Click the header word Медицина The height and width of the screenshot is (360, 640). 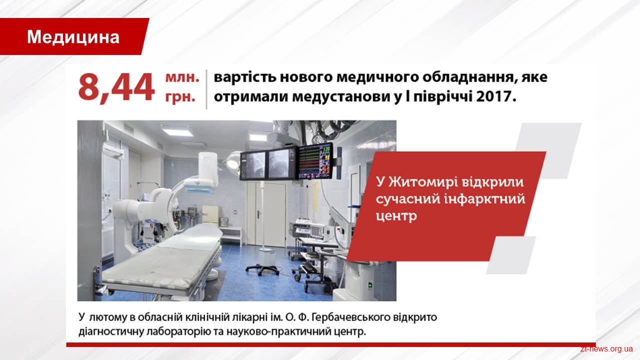(73, 37)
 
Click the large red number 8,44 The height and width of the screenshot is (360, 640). (116, 87)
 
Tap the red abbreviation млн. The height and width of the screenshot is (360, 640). (182, 77)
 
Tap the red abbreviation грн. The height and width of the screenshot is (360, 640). (180, 97)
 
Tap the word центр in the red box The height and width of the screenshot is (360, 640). (396, 215)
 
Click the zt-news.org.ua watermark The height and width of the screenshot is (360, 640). (606, 349)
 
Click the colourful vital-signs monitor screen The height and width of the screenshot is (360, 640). (314, 161)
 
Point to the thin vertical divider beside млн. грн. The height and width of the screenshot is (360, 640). (206, 89)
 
